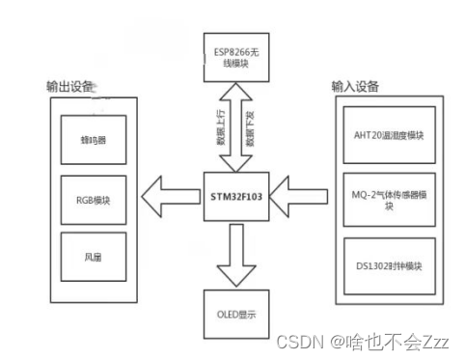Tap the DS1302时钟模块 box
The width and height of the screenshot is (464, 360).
(388, 265)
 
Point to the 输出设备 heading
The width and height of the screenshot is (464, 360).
(70, 86)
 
